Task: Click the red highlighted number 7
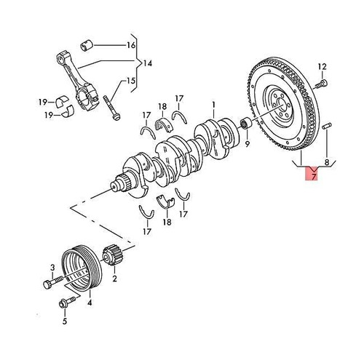click(312, 176)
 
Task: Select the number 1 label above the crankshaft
click(213, 105)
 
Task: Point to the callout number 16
click(130, 45)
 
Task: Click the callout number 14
click(149, 63)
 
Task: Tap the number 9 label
click(247, 144)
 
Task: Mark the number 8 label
click(327, 163)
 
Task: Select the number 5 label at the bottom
click(63, 321)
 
